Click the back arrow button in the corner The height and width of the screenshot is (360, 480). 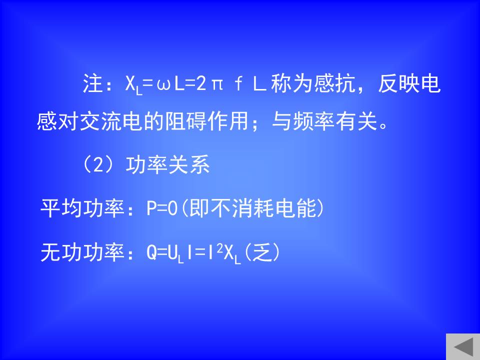pyautogui.click(x=463, y=347)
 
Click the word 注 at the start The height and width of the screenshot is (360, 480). pyautogui.click(x=92, y=83)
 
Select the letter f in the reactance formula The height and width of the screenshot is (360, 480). pyautogui.click(x=238, y=83)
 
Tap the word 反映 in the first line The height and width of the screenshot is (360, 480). pyautogui.click(x=398, y=83)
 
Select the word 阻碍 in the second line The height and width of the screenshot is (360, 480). pyautogui.click(x=185, y=121)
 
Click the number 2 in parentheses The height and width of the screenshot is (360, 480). pyautogui.click(x=98, y=164)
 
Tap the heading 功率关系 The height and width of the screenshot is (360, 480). pyautogui.click(x=167, y=164)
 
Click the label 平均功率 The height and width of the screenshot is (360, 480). pyautogui.click(x=82, y=208)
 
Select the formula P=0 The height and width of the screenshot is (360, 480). pyautogui.click(x=162, y=208)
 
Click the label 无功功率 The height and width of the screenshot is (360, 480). pyautogui.click(x=82, y=252)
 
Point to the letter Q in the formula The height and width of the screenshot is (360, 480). pyautogui.click(x=152, y=253)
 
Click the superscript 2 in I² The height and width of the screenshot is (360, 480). pyautogui.click(x=220, y=249)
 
